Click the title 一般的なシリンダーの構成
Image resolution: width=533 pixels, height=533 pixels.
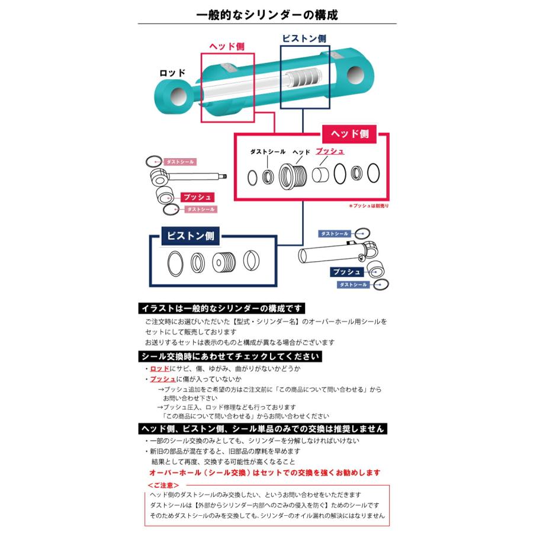click(267, 15)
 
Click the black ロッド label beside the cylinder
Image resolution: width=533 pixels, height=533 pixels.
click(172, 73)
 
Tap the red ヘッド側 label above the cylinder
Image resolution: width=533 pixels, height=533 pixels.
click(227, 47)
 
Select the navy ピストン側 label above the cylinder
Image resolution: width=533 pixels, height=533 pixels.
click(304, 38)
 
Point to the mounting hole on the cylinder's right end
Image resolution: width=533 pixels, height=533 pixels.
click(355, 75)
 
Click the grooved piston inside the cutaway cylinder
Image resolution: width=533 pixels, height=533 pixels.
click(304, 79)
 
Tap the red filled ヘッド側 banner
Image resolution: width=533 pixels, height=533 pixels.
click(349, 134)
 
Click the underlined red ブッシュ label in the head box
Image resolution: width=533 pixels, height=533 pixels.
click(330, 151)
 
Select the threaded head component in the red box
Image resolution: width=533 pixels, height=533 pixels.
click(293, 176)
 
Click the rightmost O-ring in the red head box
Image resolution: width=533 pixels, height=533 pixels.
click(373, 174)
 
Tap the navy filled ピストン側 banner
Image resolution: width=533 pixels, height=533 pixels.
click(190, 236)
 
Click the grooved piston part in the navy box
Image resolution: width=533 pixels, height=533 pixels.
click(224, 262)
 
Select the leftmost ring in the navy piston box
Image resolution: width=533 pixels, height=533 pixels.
click(175, 264)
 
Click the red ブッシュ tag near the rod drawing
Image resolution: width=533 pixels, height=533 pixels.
click(197, 197)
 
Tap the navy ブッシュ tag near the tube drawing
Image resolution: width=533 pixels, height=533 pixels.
click(346, 272)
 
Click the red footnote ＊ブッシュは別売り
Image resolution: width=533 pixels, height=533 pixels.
click(368, 206)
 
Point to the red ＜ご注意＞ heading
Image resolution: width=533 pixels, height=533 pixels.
click(163, 485)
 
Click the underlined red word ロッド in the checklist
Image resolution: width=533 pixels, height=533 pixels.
click(160, 368)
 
